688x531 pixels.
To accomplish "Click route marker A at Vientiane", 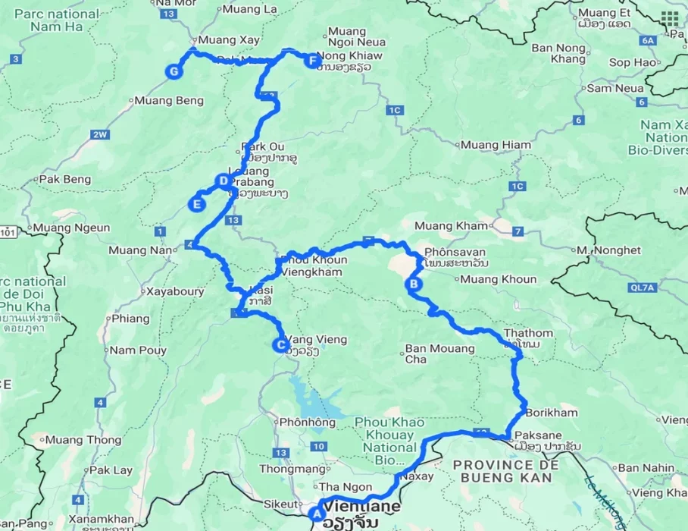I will click(x=316, y=512).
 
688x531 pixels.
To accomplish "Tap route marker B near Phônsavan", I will click(x=414, y=284).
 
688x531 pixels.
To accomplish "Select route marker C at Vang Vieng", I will click(x=280, y=346).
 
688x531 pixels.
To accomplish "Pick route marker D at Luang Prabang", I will click(x=223, y=181).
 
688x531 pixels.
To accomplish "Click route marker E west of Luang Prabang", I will click(x=197, y=203).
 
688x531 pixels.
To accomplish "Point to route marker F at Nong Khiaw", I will click(x=312, y=61).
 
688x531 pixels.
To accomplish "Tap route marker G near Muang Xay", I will click(x=174, y=71).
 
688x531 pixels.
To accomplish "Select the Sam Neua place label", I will click(x=610, y=88).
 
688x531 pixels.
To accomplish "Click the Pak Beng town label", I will click(x=65, y=180).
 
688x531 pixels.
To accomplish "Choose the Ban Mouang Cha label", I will click(x=439, y=354).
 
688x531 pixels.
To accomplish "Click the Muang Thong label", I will click(x=83, y=440).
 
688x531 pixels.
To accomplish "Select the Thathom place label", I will click(x=528, y=333).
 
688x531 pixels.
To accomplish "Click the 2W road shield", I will click(x=100, y=135).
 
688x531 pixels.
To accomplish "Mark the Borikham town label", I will click(x=549, y=413).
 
